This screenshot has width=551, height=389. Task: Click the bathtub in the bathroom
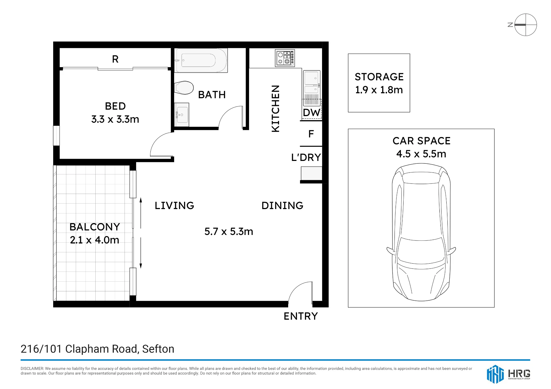[x=201, y=60]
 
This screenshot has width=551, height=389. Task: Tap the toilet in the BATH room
[x=184, y=88]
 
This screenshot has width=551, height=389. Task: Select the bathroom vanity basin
[x=182, y=115]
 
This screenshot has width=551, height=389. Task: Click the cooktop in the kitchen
[x=285, y=58]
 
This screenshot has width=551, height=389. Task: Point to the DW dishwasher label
[x=311, y=113]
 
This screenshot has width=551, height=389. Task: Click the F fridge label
[x=311, y=134]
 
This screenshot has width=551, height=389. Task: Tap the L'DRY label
[x=306, y=157]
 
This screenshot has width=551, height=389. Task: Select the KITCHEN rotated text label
[x=275, y=108]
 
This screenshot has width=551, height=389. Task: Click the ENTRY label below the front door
[x=301, y=316]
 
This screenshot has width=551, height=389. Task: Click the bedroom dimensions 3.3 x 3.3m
[x=115, y=119]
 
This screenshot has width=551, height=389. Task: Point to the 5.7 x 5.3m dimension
[x=229, y=231]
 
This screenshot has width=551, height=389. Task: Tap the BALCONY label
[x=95, y=227]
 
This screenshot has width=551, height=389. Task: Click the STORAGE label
[x=379, y=77]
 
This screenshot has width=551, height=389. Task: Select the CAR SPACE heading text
[x=421, y=141]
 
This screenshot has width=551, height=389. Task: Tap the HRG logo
[x=508, y=374]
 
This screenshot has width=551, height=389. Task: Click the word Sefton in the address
[x=158, y=349]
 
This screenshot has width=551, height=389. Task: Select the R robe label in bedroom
[x=115, y=59]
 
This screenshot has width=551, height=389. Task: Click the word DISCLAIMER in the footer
[x=32, y=368]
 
